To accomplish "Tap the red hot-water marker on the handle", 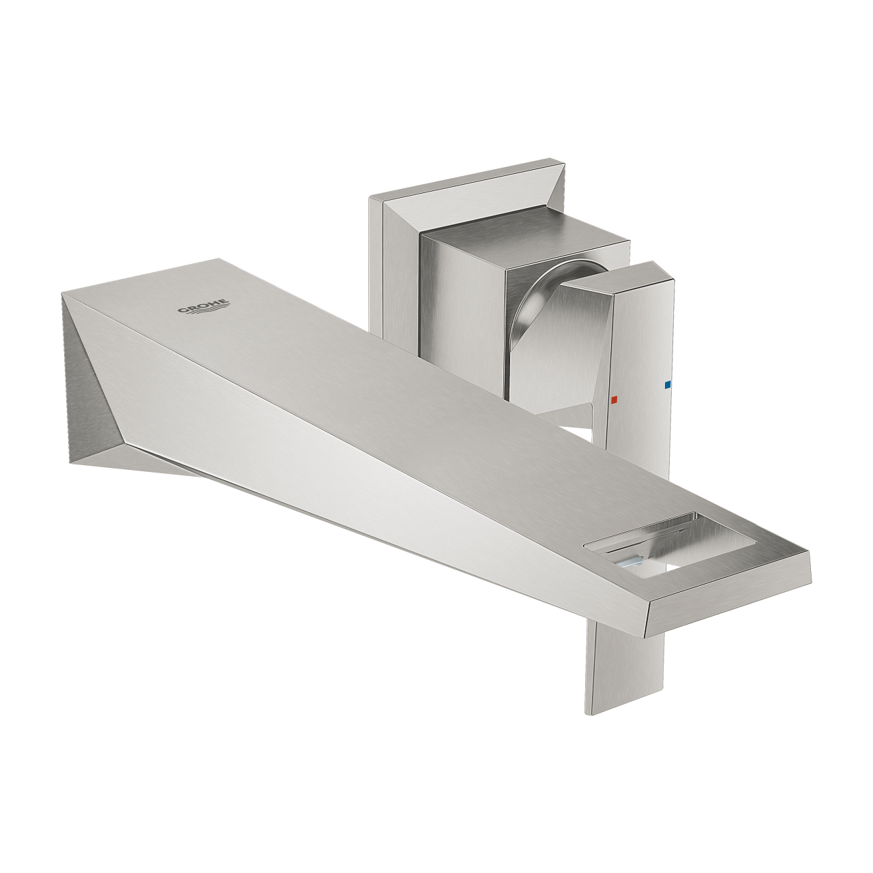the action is click(614, 400).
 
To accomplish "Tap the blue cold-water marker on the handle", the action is click(667, 385).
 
